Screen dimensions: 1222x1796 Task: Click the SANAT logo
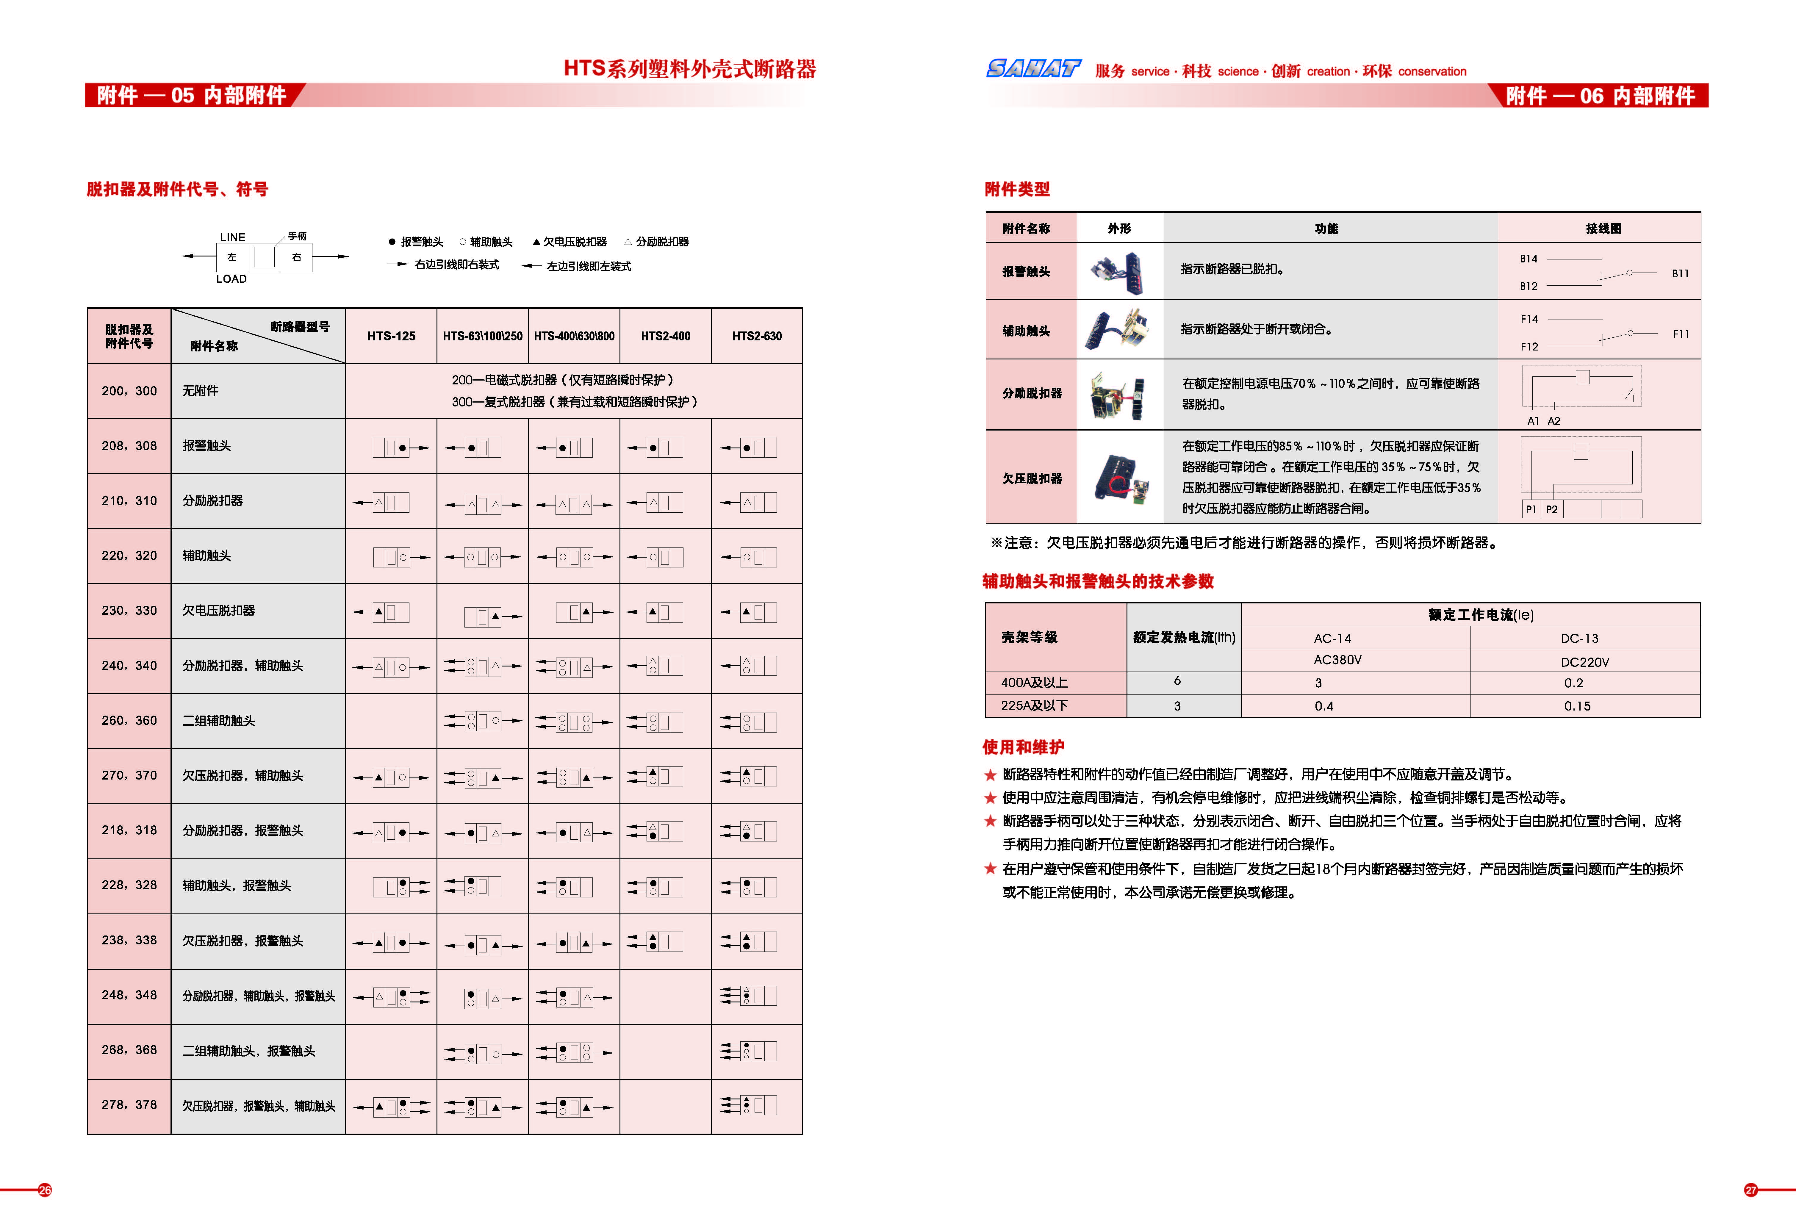[1033, 70]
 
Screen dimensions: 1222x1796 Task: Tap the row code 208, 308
[129, 446]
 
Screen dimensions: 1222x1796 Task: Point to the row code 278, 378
[129, 1105]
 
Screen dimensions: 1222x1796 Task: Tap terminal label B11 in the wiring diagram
[1680, 274]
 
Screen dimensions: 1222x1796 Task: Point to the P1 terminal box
[1530, 509]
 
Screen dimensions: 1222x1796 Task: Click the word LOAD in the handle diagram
[231, 279]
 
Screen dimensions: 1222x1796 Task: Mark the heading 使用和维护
[1022, 747]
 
